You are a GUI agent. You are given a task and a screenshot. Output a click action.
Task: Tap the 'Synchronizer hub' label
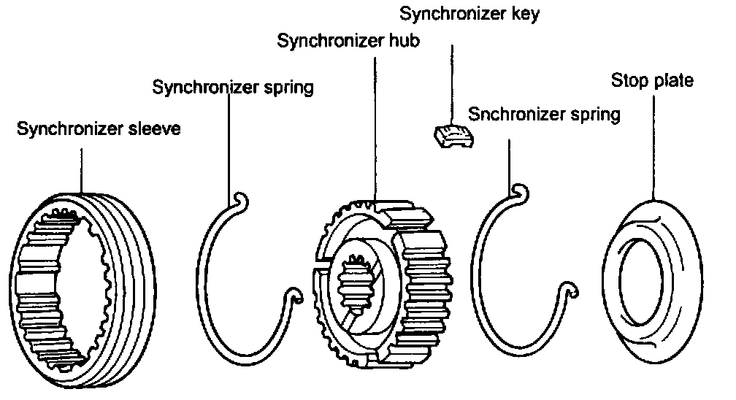[348, 41]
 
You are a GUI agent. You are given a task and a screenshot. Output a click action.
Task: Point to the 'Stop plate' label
[652, 80]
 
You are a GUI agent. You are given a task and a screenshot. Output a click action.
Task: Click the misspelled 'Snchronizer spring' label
[544, 115]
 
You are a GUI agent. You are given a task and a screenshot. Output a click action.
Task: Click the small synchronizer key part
[453, 135]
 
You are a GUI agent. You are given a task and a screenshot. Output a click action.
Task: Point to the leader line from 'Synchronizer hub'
[375, 124]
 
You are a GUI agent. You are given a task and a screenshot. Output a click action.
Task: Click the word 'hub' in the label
[404, 41]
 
